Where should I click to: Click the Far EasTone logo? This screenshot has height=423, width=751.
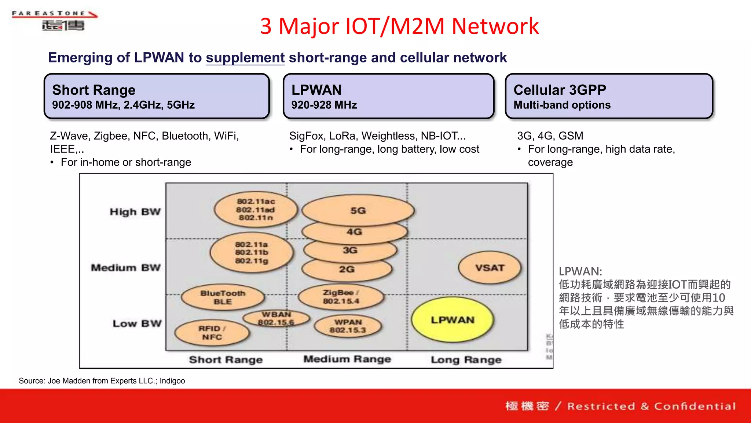point(55,21)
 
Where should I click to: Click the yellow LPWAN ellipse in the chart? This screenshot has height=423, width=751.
point(453,320)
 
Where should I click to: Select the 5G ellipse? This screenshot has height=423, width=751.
point(358,210)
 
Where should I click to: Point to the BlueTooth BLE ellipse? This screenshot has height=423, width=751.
point(223,297)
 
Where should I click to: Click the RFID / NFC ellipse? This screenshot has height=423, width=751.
point(212,333)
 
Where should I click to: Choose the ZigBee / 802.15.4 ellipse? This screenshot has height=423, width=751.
point(341,297)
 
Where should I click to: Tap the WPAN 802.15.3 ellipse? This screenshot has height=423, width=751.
point(348,326)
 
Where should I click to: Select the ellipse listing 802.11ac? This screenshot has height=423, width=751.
point(256,209)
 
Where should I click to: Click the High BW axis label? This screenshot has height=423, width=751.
point(135,212)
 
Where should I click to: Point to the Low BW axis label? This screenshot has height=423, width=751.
point(137,323)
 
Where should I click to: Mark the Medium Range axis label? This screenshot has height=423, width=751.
point(347,359)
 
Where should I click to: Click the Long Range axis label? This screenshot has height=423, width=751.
point(466,360)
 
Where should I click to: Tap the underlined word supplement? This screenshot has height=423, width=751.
point(245,58)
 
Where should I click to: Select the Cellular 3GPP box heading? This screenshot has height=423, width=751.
point(560,90)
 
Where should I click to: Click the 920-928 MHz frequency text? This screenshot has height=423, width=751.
point(324,105)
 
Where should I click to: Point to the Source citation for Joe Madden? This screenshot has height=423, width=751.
point(102,381)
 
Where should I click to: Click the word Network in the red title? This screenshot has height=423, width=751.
point(495,26)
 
